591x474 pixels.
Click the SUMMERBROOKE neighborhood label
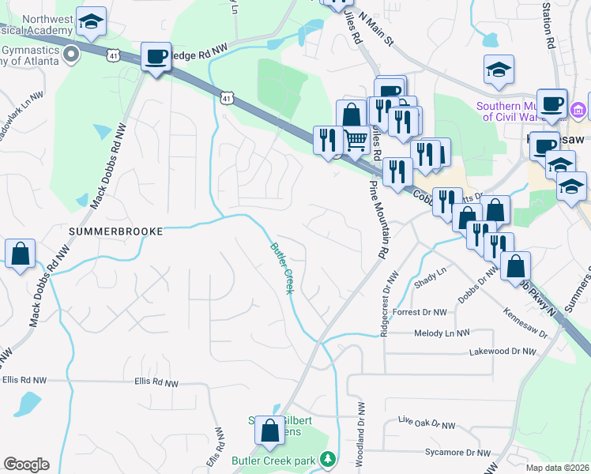coord(115,231)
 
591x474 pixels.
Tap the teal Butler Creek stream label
coord(282,269)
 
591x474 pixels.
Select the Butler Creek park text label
coord(273,460)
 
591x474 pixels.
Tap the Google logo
coord(26,465)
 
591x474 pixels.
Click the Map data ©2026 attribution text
coord(558,468)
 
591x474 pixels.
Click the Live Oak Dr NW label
coord(427,423)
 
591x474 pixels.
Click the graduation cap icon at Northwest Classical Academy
coord(92,24)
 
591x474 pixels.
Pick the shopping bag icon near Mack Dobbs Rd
coord(20,254)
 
